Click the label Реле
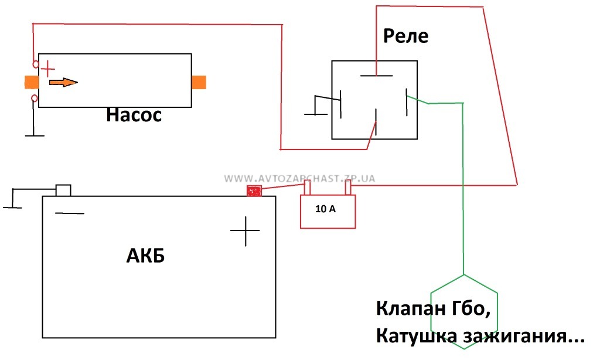[405, 36]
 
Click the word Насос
[134, 115]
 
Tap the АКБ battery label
[145, 257]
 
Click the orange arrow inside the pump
[62, 83]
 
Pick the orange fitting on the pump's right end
[199, 82]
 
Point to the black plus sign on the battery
[245, 231]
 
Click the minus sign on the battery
[69, 213]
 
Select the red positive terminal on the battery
[254, 191]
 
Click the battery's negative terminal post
[63, 190]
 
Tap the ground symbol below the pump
[35, 135]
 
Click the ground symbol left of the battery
[13, 207]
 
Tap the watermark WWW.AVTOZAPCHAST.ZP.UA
[299, 178]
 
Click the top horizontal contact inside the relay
[376, 76]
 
